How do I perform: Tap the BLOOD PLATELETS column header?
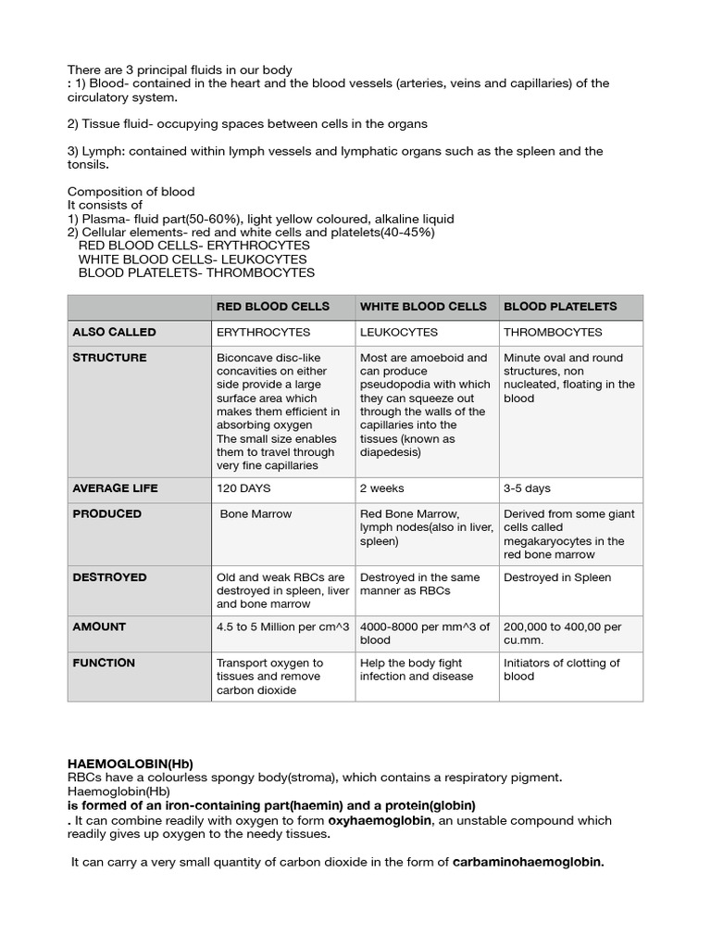pos(559,307)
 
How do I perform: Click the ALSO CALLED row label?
pos(114,332)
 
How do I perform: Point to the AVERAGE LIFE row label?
pos(116,487)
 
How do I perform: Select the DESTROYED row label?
pos(109,576)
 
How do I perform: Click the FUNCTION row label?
pos(104,663)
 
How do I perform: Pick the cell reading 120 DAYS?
pos(243,488)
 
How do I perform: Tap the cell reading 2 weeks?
pos(381,488)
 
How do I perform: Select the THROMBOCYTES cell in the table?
pos(553,333)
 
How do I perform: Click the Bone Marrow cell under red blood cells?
pos(256,514)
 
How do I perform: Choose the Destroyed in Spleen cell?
pos(555,577)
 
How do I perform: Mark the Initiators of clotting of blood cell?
pos(561,669)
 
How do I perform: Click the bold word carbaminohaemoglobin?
pos(527,863)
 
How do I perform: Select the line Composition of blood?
pos(131,192)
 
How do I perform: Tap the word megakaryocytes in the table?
pos(551,541)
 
